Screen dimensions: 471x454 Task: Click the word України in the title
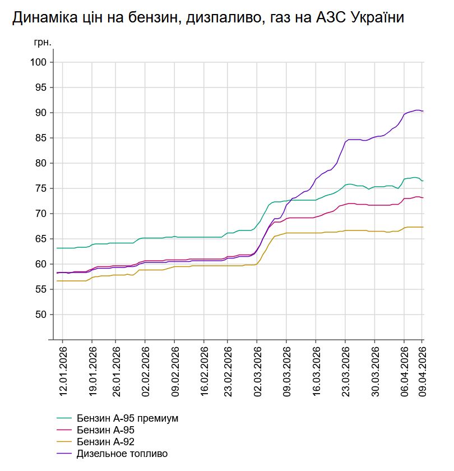(375, 18)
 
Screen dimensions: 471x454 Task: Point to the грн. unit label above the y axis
(43, 42)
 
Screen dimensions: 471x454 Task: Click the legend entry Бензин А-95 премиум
(127, 418)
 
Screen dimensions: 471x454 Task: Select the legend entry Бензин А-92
(105, 442)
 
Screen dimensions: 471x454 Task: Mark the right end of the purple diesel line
(423, 112)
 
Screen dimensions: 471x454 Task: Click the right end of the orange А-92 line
(423, 227)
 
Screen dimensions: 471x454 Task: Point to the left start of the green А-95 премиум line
(57, 248)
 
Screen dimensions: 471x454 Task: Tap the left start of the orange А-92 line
(57, 280)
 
